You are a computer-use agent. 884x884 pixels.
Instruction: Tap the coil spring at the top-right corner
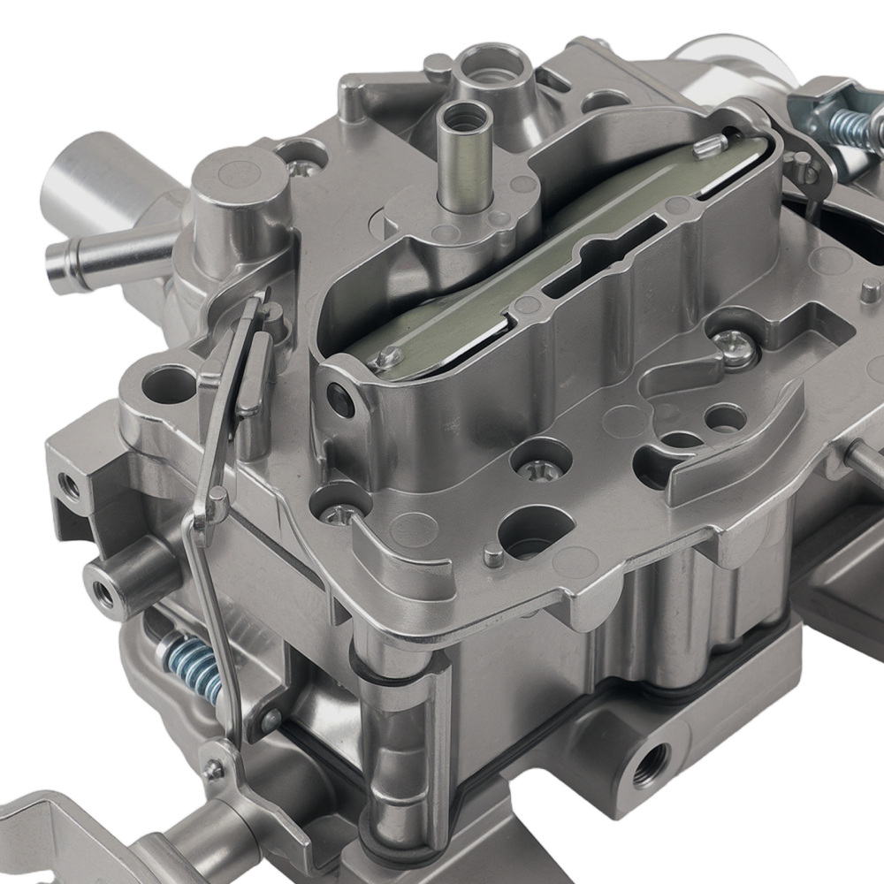click(852, 123)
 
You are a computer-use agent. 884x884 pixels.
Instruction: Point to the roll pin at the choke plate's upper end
click(708, 143)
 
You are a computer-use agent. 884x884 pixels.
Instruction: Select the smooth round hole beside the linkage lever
click(164, 385)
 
